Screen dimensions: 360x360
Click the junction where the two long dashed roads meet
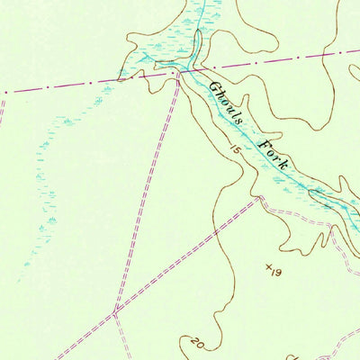114,311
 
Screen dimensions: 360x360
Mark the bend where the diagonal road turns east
259,199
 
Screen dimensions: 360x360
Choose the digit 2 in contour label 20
194,341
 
